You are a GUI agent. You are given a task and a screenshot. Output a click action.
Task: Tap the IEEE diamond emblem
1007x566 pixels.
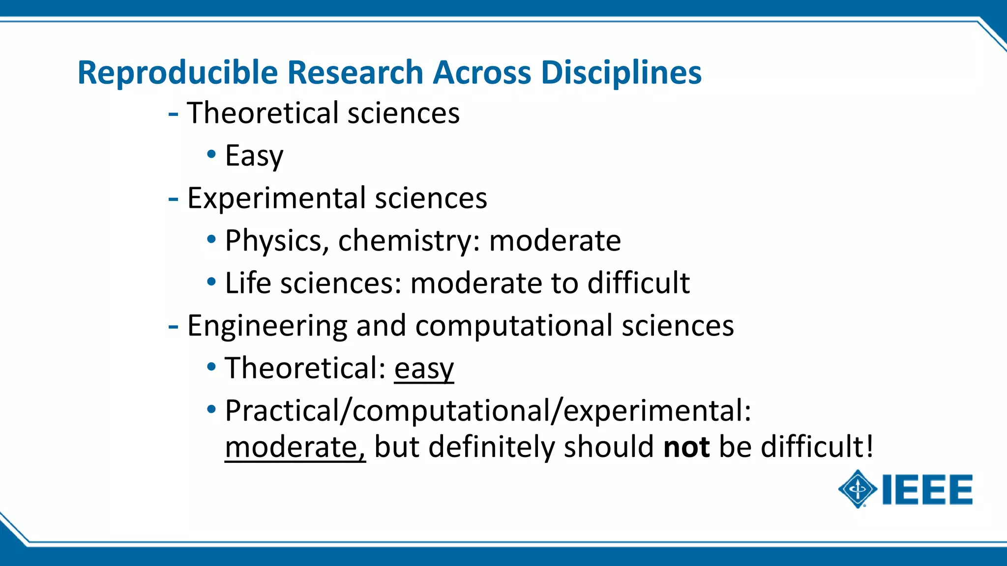[858, 489]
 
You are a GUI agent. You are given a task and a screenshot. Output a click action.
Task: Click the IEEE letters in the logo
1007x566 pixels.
[927, 489]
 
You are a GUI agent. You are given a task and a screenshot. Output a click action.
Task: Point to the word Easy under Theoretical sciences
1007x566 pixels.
[254, 156]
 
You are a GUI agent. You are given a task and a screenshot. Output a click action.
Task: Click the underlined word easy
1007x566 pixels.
[424, 368]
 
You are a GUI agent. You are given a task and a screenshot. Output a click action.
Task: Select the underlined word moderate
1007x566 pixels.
[295, 447]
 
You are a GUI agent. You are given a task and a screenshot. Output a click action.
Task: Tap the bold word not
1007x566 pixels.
[686, 447]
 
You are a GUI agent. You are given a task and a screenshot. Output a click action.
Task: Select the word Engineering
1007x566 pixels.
[267, 326]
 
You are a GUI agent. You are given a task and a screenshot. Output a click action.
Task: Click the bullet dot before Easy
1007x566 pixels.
[211, 154]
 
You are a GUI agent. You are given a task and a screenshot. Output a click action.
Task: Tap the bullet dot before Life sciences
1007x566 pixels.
[211, 282]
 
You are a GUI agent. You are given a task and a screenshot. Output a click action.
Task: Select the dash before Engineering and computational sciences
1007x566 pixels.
[173, 326]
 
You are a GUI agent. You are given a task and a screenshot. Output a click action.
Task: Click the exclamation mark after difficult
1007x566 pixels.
[869, 446]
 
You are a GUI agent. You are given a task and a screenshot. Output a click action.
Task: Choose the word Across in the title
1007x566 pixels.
[482, 73]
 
